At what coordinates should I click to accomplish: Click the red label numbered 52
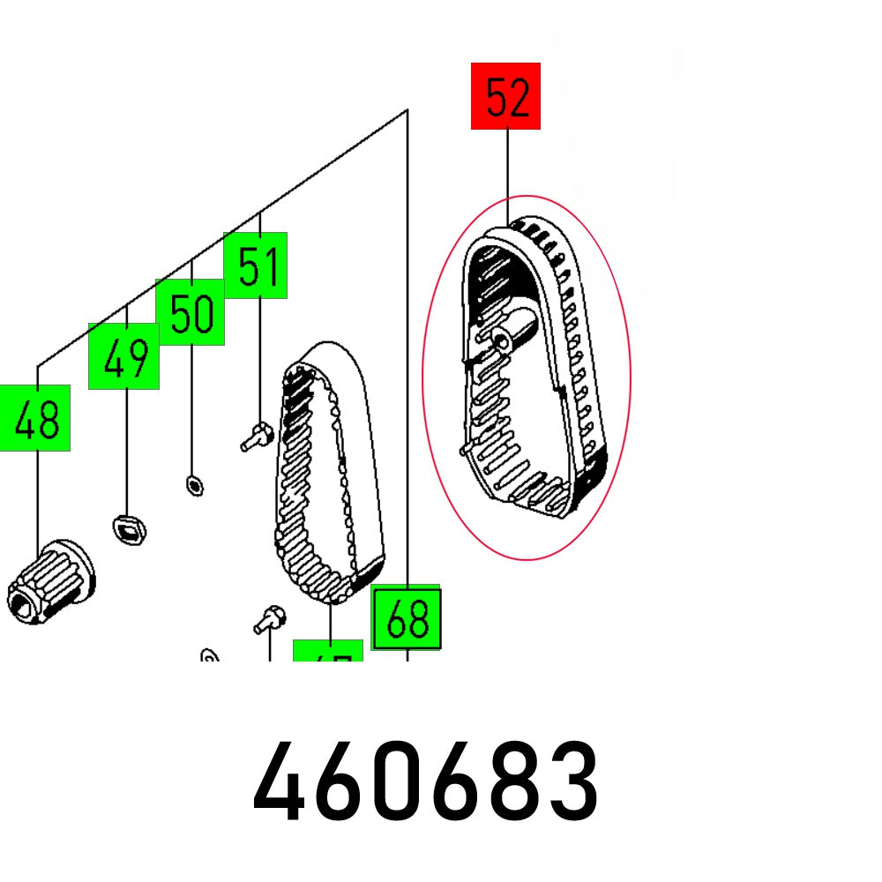(x=505, y=96)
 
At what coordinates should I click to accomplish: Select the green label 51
(x=256, y=265)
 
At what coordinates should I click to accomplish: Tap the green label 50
(x=191, y=311)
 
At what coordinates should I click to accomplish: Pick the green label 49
(x=123, y=356)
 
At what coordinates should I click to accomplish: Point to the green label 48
(x=35, y=418)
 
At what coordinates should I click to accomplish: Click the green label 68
(x=406, y=617)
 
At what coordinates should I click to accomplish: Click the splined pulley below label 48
(x=53, y=582)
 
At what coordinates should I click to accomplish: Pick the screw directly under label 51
(x=257, y=436)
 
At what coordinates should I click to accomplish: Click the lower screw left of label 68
(x=267, y=620)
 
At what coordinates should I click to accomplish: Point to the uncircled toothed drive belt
(x=331, y=476)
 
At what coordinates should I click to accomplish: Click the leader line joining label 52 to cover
(x=507, y=176)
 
